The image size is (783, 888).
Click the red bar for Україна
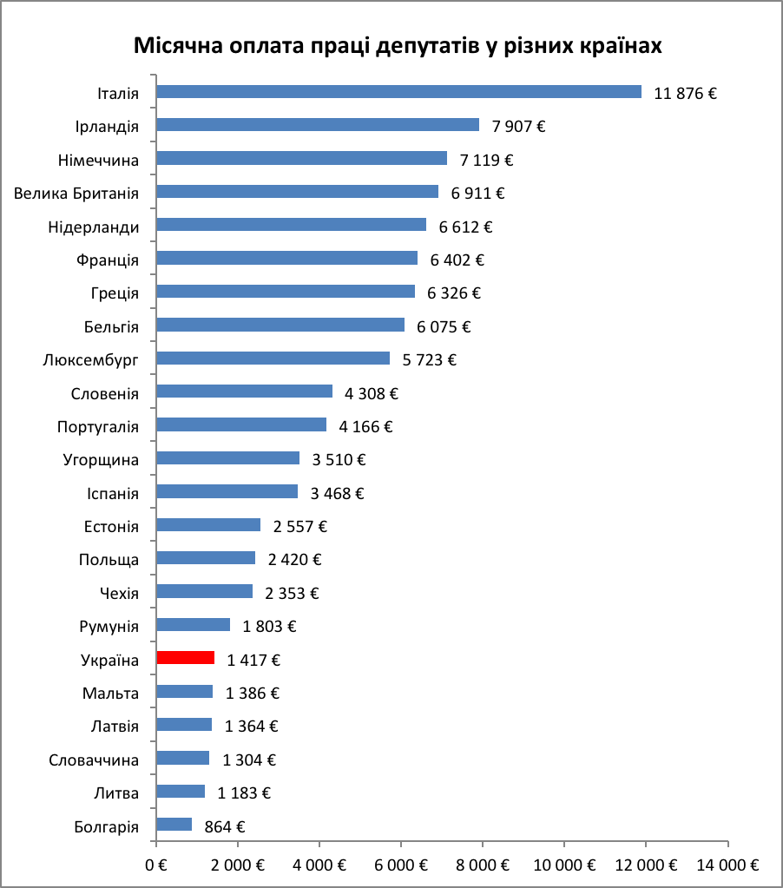(x=185, y=658)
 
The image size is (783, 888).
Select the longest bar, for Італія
(x=398, y=92)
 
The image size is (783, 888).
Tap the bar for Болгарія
(x=174, y=825)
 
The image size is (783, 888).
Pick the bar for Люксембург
(x=273, y=358)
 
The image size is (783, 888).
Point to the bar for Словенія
(x=244, y=391)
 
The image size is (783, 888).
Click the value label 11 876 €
(x=685, y=94)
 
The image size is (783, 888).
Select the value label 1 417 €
(x=253, y=660)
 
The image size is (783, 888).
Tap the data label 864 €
(x=225, y=826)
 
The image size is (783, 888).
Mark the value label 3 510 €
(x=340, y=460)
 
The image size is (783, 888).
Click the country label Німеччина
(x=98, y=159)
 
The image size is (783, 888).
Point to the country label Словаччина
(x=94, y=760)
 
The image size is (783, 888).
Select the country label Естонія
(x=111, y=527)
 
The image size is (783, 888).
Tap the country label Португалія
(x=97, y=427)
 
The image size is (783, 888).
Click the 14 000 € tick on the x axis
(x=727, y=865)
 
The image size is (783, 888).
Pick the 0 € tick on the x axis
(x=156, y=865)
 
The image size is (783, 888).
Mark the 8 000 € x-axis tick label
(x=483, y=865)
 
